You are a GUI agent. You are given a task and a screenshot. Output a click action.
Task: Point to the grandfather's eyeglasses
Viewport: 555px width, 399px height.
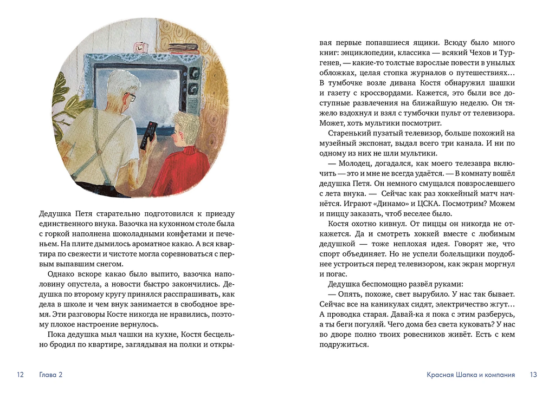click(x=131, y=97)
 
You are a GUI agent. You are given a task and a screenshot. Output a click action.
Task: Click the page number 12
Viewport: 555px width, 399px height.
click(x=21, y=375)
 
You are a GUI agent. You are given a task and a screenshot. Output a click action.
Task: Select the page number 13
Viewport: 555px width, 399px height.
click(x=533, y=375)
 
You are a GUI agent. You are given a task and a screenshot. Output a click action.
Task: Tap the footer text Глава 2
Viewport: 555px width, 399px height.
click(x=51, y=375)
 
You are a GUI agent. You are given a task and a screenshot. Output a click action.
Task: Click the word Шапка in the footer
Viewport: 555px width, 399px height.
click(x=473, y=375)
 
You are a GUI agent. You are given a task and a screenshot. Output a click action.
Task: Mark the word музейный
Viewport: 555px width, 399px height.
click(x=343, y=144)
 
